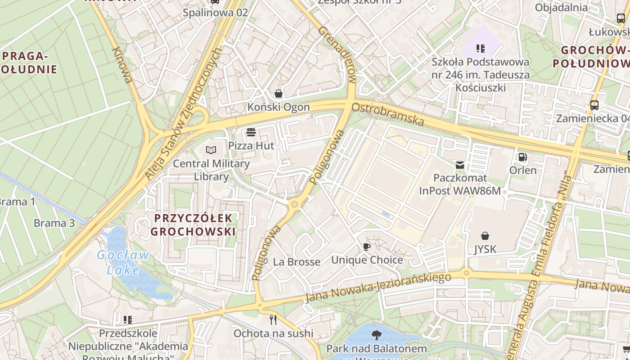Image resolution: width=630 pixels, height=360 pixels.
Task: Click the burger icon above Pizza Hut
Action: click(x=251, y=132)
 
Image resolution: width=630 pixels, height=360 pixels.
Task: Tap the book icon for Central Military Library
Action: click(x=211, y=150)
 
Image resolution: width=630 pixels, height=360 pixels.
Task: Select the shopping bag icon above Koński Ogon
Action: click(x=279, y=94)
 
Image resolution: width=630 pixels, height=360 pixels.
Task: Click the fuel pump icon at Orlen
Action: click(x=523, y=157)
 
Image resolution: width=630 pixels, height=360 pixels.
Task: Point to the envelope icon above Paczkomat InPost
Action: click(x=460, y=165)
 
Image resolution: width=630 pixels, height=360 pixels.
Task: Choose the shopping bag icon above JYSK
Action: click(x=485, y=236)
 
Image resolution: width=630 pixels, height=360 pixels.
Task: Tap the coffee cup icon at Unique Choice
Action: click(x=367, y=247)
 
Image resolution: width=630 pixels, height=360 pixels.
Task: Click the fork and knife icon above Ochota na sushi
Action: click(x=273, y=320)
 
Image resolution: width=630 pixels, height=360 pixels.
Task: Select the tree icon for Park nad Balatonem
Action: click(x=376, y=335)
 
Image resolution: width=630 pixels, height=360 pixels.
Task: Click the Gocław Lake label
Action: click(x=123, y=262)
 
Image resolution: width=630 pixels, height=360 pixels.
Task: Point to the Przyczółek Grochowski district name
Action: click(x=193, y=225)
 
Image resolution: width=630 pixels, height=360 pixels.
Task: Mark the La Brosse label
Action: click(x=297, y=262)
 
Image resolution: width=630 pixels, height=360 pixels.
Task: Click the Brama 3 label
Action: click(x=54, y=223)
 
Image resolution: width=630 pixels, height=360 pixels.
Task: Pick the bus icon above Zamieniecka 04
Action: click(x=594, y=105)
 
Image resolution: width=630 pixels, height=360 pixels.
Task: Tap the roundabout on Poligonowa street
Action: click(x=295, y=204)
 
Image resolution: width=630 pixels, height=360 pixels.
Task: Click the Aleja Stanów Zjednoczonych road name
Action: click(x=184, y=115)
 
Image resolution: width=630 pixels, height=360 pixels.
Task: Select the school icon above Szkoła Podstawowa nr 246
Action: click(x=480, y=48)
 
